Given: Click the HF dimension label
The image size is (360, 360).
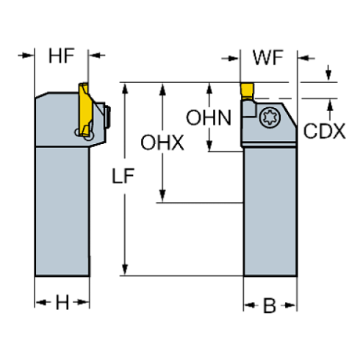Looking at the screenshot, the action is click(62, 56).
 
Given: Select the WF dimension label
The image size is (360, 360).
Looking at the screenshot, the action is click(268, 58).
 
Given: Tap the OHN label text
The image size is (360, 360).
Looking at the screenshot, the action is click(209, 118).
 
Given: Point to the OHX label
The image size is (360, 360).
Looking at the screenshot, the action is click(162, 143).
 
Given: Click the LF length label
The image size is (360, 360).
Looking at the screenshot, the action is click(123, 176).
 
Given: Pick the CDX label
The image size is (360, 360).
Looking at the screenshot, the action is click(325, 131).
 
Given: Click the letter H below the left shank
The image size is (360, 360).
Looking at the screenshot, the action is click(62, 303).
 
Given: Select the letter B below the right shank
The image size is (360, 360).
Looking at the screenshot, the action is click(270, 306).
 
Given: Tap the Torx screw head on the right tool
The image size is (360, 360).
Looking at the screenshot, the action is click(270, 118).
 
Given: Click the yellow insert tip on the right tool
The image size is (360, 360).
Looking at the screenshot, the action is click(247, 91).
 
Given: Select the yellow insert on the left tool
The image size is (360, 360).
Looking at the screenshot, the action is click(85, 109).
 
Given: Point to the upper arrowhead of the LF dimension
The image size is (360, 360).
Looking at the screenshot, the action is click(125, 89).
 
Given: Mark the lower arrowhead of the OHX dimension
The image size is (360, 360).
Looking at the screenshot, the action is click(162, 196).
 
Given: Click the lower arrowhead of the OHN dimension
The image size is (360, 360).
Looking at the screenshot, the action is click(209, 145).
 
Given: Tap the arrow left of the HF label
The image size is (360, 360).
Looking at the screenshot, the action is click(26, 55).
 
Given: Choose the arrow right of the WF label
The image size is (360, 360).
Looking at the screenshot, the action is click(306, 58).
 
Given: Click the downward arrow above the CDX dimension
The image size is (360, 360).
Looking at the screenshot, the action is click(328, 73).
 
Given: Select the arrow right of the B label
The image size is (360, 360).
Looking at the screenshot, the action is click(288, 306).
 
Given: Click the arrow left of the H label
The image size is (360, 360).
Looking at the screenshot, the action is click(43, 303).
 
